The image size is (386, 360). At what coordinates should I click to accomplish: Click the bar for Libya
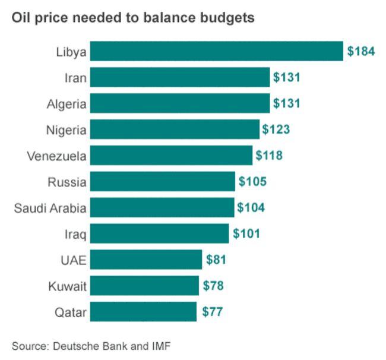click(x=216, y=51)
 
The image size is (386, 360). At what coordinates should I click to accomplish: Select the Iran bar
click(x=180, y=77)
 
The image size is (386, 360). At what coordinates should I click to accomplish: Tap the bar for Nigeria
click(x=175, y=129)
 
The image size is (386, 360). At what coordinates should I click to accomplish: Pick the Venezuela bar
click(x=171, y=155)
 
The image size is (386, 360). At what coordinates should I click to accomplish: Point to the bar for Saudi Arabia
click(x=162, y=207)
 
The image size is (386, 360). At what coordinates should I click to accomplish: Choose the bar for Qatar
click(x=143, y=311)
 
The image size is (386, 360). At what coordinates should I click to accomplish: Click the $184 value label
click(x=361, y=51)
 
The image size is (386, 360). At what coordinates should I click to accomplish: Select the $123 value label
click(x=276, y=130)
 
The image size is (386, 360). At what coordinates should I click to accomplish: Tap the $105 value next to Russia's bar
click(x=252, y=181)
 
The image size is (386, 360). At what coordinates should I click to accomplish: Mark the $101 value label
click(x=246, y=233)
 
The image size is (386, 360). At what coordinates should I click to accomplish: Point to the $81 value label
click(x=216, y=260)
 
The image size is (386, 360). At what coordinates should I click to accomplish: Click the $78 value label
click(x=213, y=286)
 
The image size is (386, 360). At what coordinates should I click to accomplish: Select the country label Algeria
click(x=67, y=105)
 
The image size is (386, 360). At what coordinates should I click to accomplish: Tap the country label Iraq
click(x=75, y=235)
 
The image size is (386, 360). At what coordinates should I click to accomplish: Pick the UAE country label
click(x=74, y=260)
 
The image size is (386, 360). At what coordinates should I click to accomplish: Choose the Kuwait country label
click(x=68, y=286)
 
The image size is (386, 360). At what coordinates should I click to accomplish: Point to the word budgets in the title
click(x=227, y=18)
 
